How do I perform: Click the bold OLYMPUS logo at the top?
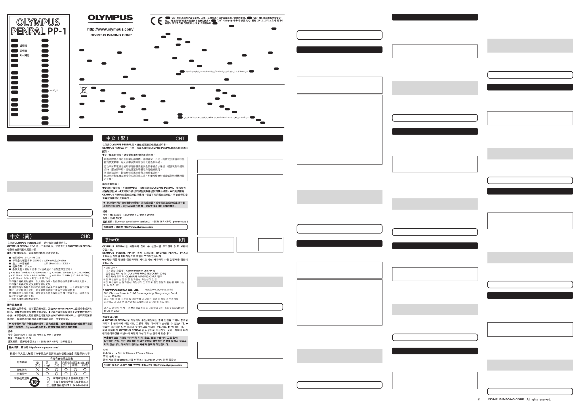110,18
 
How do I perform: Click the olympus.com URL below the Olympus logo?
110,29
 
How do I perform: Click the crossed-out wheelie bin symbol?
84,90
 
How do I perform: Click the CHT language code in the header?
180,139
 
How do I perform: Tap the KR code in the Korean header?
182,240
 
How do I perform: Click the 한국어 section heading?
112,240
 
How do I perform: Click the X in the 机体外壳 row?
38,370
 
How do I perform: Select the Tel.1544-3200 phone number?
111,311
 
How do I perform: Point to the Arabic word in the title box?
54,90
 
